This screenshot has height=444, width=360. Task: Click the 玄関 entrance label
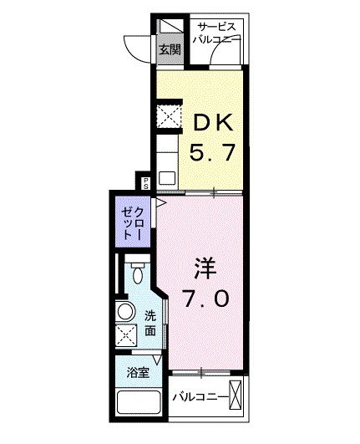pos(169,49)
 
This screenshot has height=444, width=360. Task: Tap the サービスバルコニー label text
pos(216,32)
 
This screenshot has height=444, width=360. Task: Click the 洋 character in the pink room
pos(205,269)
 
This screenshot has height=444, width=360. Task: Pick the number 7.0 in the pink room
pos(205,299)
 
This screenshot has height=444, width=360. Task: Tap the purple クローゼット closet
pos(133,222)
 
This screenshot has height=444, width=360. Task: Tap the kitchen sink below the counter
pos(167,176)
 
